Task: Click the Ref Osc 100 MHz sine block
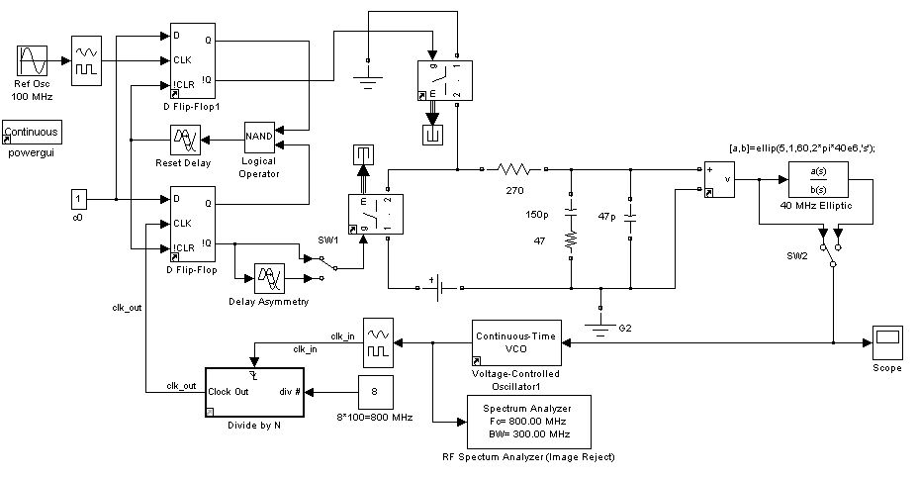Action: pyautogui.click(x=32, y=60)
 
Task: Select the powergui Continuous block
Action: pyautogui.click(x=32, y=133)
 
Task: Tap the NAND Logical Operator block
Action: pyautogui.click(x=259, y=138)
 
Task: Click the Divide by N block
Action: pyautogui.click(x=256, y=394)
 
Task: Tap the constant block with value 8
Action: pyautogui.click(x=374, y=392)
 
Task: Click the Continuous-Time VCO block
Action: pyautogui.click(x=515, y=342)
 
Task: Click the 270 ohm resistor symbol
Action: pyautogui.click(x=514, y=170)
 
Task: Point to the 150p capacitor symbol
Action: pyautogui.click(x=571, y=212)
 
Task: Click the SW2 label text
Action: pyautogui.click(x=784, y=256)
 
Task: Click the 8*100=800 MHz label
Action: pyautogui.click(x=373, y=419)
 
